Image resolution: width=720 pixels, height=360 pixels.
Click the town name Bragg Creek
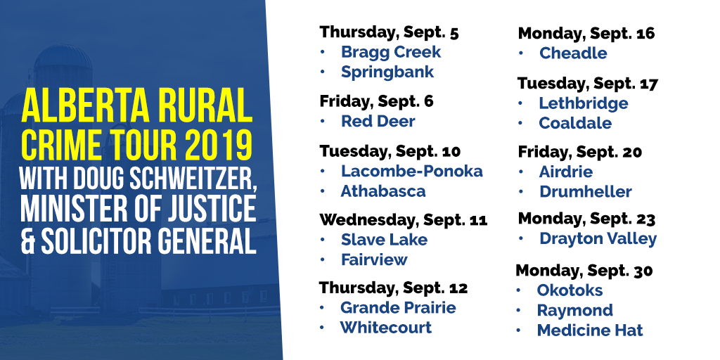coord(391,52)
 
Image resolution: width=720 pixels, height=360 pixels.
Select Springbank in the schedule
coord(387,72)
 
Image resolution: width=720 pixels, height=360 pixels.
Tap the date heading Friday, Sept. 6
coord(377,101)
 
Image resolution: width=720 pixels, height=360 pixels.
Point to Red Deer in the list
coord(378,121)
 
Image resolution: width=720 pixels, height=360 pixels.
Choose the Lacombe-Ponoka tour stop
coord(411,171)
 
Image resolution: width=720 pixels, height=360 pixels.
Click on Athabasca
coord(383,191)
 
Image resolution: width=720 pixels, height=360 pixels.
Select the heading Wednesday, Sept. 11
coord(403,219)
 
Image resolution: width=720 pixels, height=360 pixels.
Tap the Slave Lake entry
coord(384,239)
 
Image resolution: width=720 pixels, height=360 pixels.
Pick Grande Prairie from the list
coord(398,307)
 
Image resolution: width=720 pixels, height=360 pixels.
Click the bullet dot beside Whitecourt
coord(322,328)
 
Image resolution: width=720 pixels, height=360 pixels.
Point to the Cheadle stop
coord(573,53)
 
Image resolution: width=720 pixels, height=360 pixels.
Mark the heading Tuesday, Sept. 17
coord(588,84)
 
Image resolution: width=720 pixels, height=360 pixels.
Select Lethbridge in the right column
coord(583,103)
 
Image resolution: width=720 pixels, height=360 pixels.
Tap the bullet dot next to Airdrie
coord(521,172)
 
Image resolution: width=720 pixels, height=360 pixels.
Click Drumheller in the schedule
coord(586,191)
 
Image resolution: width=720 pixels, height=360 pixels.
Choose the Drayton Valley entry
coord(598,239)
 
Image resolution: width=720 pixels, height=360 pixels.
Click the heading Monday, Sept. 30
coord(584,271)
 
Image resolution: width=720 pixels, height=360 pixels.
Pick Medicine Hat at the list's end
coord(590,330)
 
